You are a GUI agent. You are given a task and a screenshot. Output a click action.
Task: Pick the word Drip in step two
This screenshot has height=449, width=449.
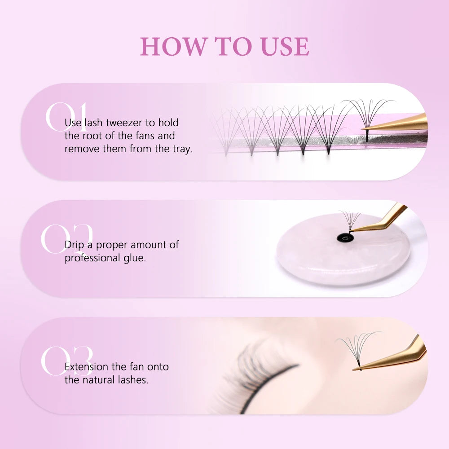pyautogui.click(x=75, y=245)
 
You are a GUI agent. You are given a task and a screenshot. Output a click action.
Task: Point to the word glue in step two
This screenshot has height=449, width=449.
pyautogui.click(x=136, y=258)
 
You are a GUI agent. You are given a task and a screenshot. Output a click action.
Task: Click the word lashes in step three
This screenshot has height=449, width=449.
pyautogui.click(x=133, y=380)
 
